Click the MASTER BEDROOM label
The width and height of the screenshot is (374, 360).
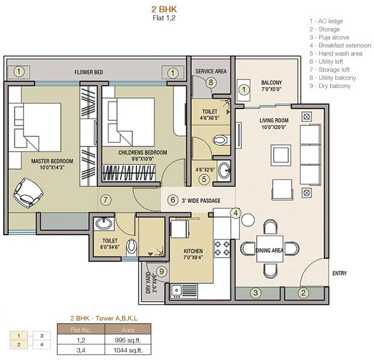click(x=52, y=161)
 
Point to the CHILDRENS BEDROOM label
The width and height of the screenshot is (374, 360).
click(x=143, y=153)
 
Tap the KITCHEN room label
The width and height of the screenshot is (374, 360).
click(x=193, y=251)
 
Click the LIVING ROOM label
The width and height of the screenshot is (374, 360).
click(x=274, y=120)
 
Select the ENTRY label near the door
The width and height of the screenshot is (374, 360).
click(x=339, y=274)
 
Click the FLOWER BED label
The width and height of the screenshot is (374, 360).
click(x=89, y=73)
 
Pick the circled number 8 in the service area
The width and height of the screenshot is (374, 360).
click(x=211, y=82)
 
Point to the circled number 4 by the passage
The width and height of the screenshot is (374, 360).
click(x=235, y=212)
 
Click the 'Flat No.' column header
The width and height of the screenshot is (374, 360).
click(x=81, y=329)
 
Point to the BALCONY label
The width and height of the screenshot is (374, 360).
click(x=271, y=83)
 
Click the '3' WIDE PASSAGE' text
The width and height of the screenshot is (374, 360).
click(x=201, y=200)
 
